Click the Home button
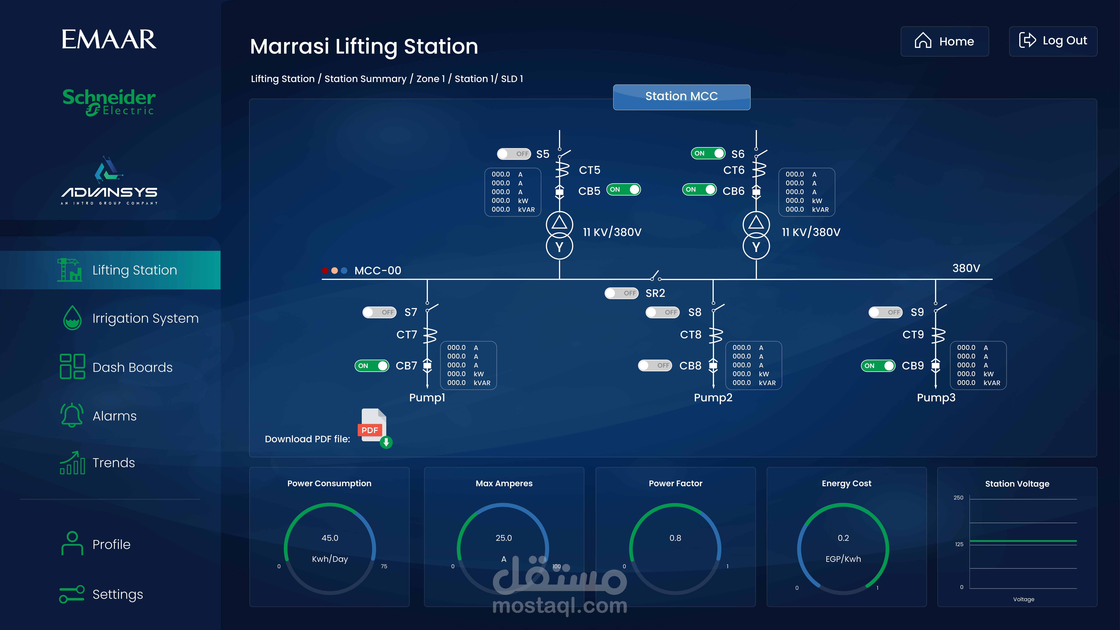[x=944, y=41]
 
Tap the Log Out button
[x=1053, y=41]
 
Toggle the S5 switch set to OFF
[x=514, y=154]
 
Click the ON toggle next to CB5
[x=623, y=190]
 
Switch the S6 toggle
[x=708, y=153]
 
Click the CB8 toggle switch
[x=655, y=366]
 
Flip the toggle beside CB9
[x=878, y=366]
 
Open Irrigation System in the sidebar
[x=145, y=318]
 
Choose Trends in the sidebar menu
[x=114, y=463]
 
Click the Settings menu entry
[x=117, y=594]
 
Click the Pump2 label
[x=713, y=397]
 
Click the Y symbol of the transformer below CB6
[x=756, y=247]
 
